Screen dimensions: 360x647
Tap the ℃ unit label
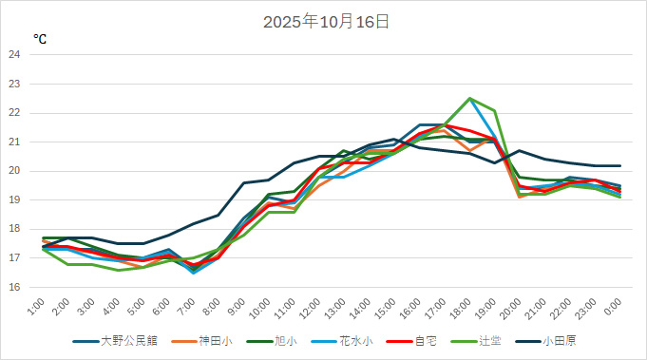point(40,39)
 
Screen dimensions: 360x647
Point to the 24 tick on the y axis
point(14,55)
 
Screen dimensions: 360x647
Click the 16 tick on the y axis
point(14,287)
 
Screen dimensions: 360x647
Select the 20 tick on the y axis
point(14,171)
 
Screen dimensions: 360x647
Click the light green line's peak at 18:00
point(469,98)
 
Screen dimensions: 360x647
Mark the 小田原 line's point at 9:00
point(244,182)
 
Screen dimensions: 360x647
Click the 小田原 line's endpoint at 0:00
point(619,166)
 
